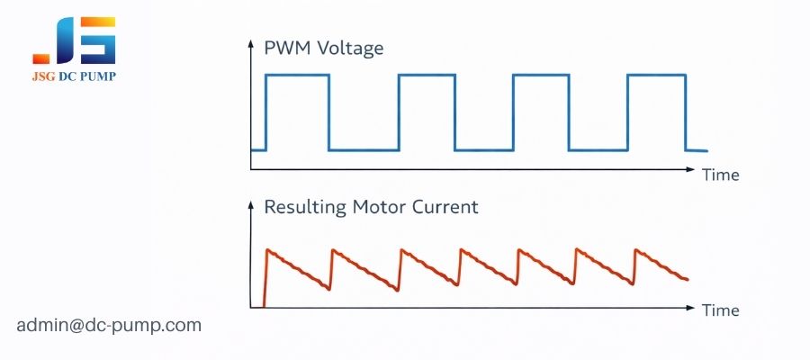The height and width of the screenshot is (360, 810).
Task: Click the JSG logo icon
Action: click(74, 40)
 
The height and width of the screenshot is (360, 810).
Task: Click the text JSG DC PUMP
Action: click(74, 77)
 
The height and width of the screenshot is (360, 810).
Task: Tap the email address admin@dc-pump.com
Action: click(109, 325)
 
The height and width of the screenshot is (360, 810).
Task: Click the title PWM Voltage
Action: click(324, 49)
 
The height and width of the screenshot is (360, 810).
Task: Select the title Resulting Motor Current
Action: click(371, 207)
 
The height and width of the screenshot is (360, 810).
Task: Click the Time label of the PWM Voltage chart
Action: click(720, 175)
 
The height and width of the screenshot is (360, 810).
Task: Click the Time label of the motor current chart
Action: click(720, 310)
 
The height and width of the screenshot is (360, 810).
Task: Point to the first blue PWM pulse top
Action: click(297, 76)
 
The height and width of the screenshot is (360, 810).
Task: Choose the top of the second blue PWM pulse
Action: click(427, 76)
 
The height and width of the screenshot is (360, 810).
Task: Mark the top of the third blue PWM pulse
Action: click(541, 76)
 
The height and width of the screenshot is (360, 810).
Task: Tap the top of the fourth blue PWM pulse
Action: click(656, 76)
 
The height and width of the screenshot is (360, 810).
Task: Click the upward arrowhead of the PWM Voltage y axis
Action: click(251, 42)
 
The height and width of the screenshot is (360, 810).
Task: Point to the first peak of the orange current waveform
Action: click(267, 249)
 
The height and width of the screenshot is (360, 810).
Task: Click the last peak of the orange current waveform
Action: click(637, 250)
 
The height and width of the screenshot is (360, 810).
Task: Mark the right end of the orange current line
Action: click(688, 279)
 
